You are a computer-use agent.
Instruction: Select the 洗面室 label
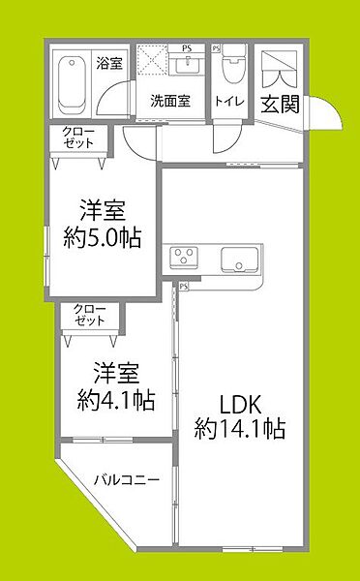(x=169, y=99)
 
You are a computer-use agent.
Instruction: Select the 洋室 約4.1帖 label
(x=117, y=384)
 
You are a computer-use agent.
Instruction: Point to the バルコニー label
(x=125, y=478)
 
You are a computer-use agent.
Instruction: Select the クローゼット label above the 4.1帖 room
(x=88, y=316)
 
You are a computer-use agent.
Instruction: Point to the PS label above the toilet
(x=216, y=47)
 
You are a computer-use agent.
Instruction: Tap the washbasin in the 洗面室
(x=189, y=66)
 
